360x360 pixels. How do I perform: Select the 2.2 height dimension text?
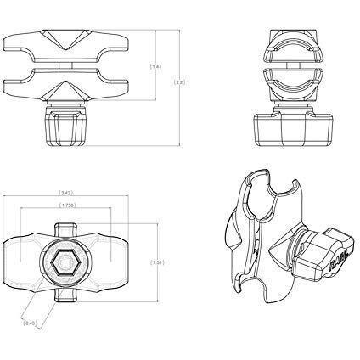pos(179,83)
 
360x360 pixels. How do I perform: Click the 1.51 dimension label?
pos(155,262)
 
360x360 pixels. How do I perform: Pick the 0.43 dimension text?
pos(31,323)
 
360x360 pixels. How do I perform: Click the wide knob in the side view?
pos(290,127)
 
